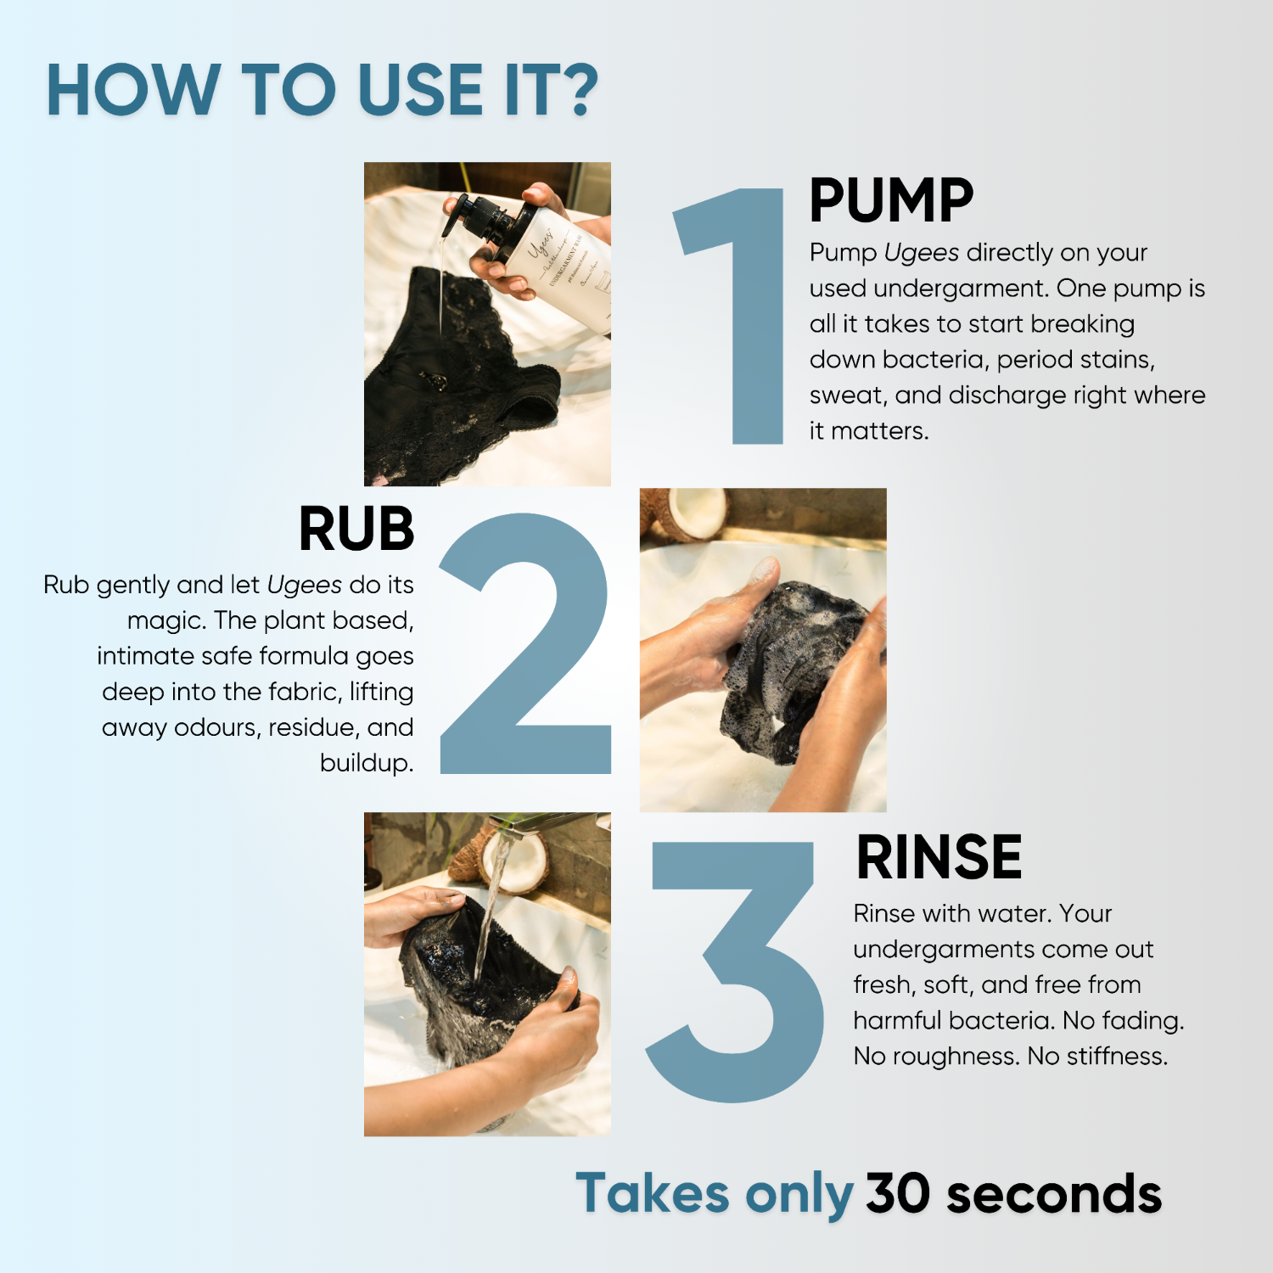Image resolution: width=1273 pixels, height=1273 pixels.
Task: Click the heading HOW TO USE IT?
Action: (x=322, y=90)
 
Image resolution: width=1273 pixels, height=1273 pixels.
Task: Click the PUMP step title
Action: (x=891, y=201)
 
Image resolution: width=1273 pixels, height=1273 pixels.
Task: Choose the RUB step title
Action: (x=356, y=530)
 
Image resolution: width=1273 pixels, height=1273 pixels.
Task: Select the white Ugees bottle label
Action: (x=564, y=263)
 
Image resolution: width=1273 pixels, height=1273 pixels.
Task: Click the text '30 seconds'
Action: (x=1013, y=1194)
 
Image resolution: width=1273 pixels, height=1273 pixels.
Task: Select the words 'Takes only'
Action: (x=715, y=1194)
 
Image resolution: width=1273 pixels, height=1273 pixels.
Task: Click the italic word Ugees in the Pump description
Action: (x=921, y=253)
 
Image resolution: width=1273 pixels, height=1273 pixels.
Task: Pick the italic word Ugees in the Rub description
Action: (x=304, y=585)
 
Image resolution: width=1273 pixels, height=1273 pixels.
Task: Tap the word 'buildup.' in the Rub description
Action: (x=367, y=763)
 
